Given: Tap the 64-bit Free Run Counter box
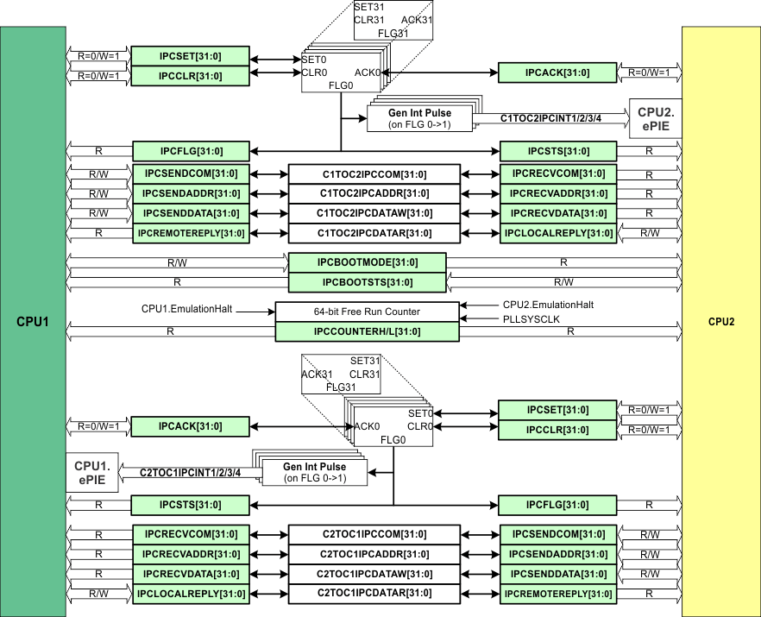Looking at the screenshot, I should tap(368, 312).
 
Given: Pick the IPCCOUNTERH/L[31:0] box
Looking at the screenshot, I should tap(368, 331).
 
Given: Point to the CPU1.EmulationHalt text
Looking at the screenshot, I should tap(188, 308).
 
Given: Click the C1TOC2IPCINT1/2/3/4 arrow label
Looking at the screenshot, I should tap(550, 118).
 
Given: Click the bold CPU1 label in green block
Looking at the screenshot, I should tap(34, 323).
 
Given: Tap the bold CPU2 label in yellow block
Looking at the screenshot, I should tap(720, 323).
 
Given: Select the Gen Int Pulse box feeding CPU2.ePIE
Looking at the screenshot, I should tap(419, 118).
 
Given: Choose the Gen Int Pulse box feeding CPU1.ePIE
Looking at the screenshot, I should tap(314, 472).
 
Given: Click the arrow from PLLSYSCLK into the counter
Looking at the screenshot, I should tap(479, 318).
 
